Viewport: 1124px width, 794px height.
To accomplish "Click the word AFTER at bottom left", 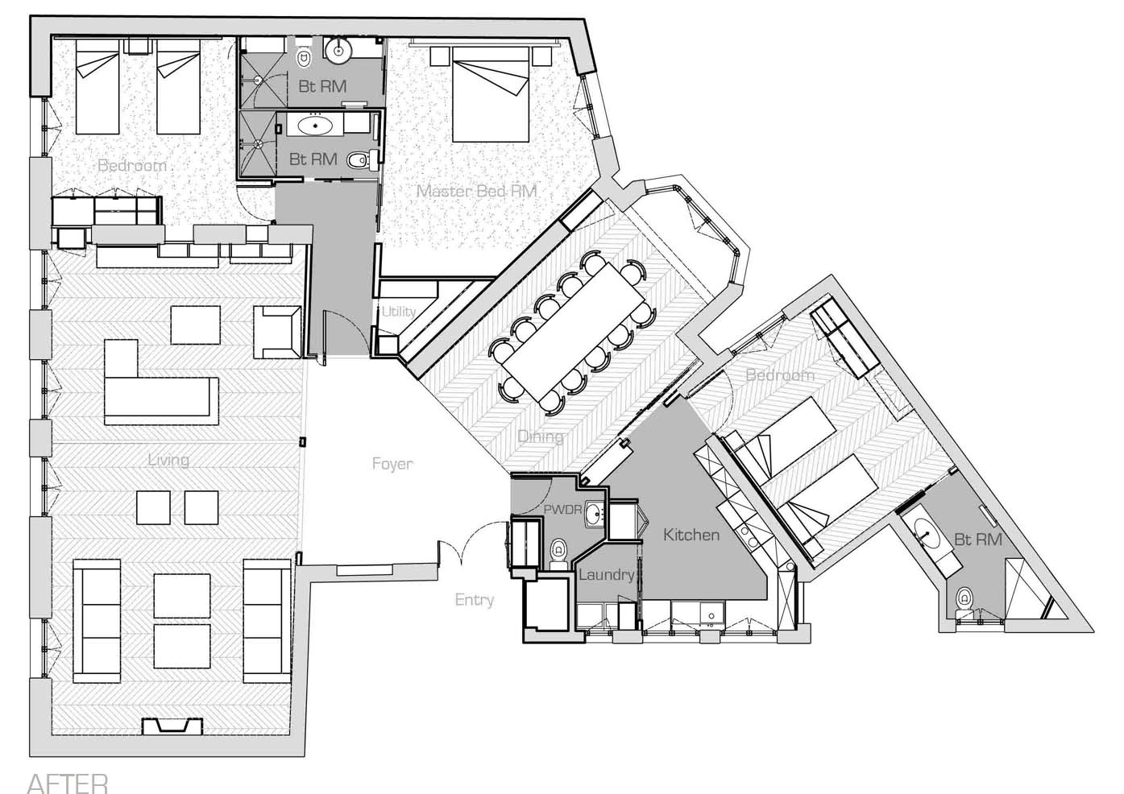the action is pyautogui.click(x=67, y=784).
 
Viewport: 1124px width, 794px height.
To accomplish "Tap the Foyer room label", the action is pyautogui.click(x=392, y=464).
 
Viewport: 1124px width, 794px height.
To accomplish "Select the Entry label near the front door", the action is pyautogui.click(x=475, y=600).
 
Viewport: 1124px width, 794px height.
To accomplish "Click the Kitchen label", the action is pyautogui.click(x=691, y=535).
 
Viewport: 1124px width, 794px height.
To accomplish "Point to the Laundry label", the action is pyautogui.click(x=606, y=575).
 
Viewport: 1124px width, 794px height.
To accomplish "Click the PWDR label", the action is pyautogui.click(x=562, y=510).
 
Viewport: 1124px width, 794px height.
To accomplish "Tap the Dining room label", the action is pyautogui.click(x=540, y=437).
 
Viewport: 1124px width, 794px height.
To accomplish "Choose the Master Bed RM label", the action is pyautogui.click(x=476, y=191).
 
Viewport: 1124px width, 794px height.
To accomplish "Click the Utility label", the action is pyautogui.click(x=398, y=312).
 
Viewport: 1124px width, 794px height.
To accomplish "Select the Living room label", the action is pyautogui.click(x=168, y=460).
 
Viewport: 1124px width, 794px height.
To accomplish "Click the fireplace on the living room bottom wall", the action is pyautogui.click(x=172, y=726).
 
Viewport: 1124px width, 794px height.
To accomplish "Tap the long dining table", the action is pyautogui.click(x=574, y=332).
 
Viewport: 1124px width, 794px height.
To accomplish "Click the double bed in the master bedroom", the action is pyautogui.click(x=490, y=94).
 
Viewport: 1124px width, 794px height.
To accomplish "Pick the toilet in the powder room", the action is pyautogui.click(x=558, y=553).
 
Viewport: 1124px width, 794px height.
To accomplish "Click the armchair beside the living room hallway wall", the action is pyautogui.click(x=277, y=332).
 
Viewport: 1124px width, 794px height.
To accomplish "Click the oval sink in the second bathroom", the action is pyautogui.click(x=315, y=126).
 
